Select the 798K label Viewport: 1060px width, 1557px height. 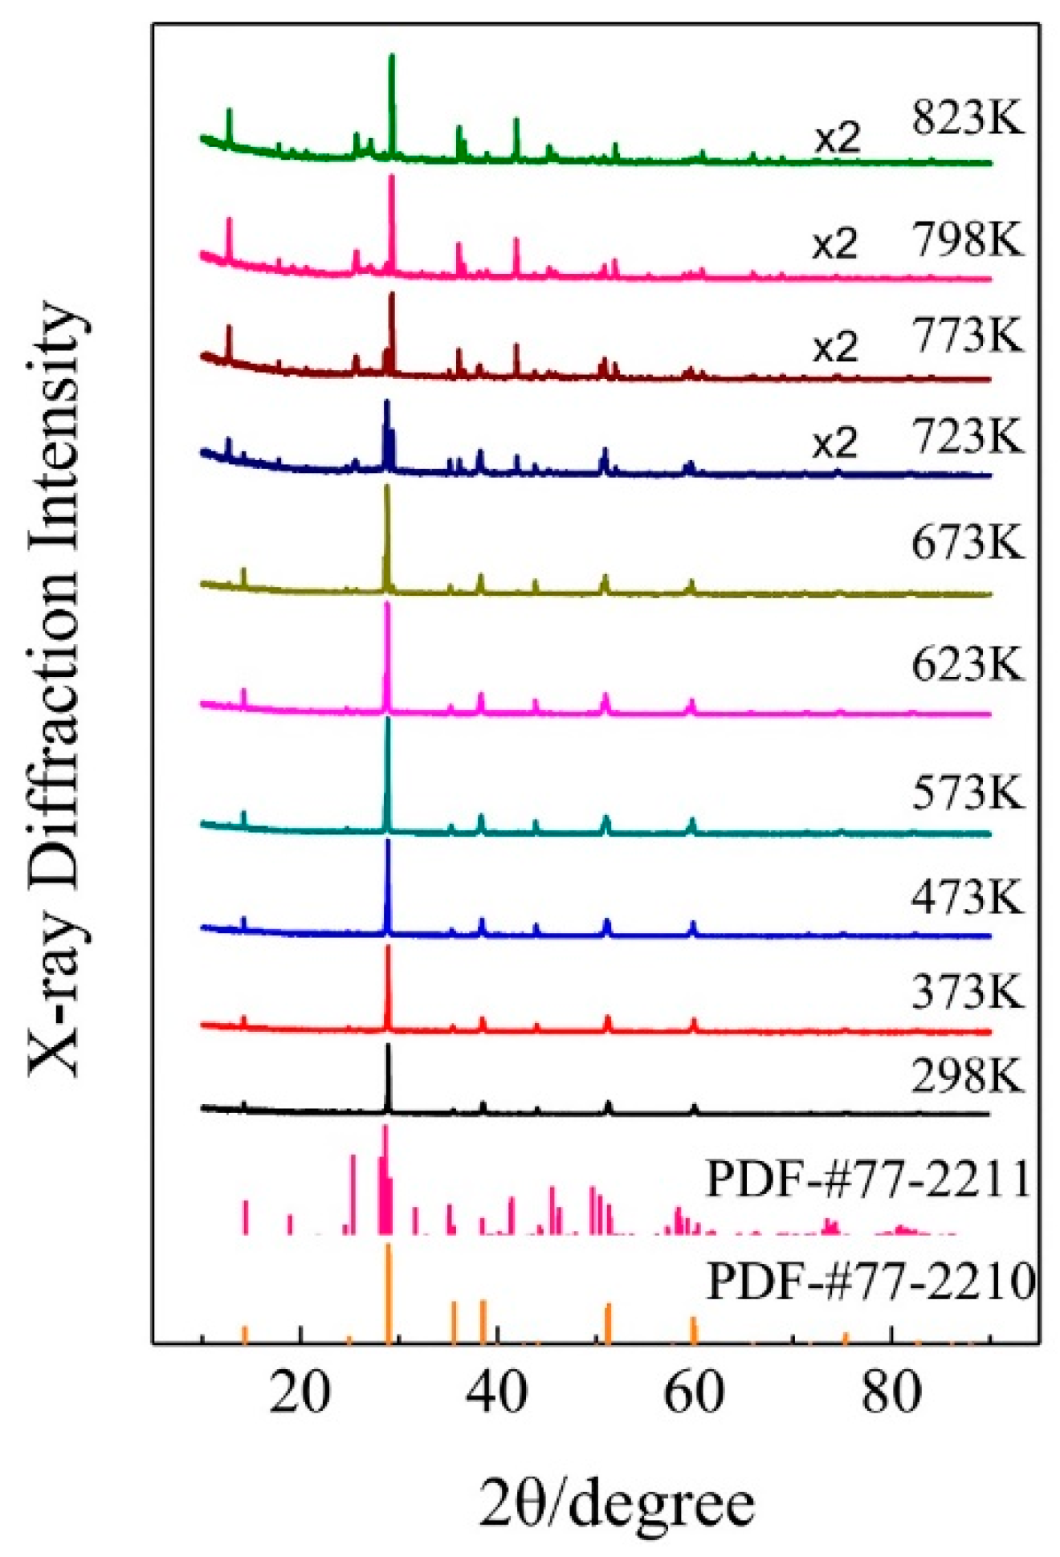(967, 239)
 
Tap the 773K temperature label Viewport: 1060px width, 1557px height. (967, 335)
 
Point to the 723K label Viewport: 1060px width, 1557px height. (967, 438)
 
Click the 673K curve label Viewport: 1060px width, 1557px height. (967, 543)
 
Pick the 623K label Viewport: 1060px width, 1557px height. (967, 665)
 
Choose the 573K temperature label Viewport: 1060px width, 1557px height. (967, 793)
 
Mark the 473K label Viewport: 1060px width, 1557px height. (967, 896)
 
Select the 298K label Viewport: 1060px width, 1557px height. (967, 1076)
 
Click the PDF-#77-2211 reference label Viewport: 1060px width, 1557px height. (868, 1180)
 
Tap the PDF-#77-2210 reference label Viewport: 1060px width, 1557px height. (870, 1282)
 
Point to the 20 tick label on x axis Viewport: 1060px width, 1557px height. (300, 1393)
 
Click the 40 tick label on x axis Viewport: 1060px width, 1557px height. (496, 1393)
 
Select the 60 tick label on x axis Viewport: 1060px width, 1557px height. (694, 1393)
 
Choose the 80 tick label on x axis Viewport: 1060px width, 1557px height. (891, 1393)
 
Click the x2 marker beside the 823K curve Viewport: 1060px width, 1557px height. (838, 140)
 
